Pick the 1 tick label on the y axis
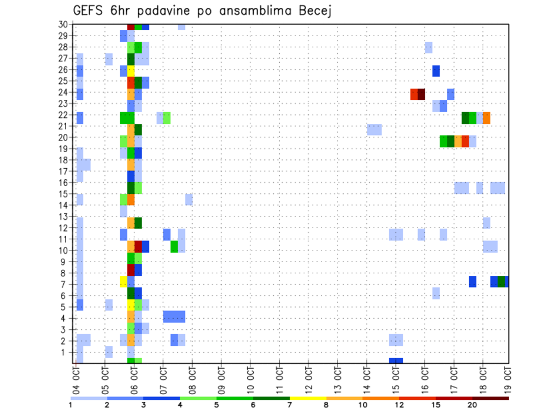(x=65, y=351)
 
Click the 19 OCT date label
(x=508, y=380)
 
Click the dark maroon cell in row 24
(x=421, y=94)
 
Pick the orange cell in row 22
(x=486, y=118)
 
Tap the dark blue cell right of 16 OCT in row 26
(x=436, y=71)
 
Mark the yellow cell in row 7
(x=123, y=282)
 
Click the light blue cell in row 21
(x=374, y=129)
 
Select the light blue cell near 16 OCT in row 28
(x=429, y=48)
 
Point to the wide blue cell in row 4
(x=174, y=316)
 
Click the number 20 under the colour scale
(x=472, y=405)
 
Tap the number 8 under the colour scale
(x=326, y=405)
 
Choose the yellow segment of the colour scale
(x=308, y=398)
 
